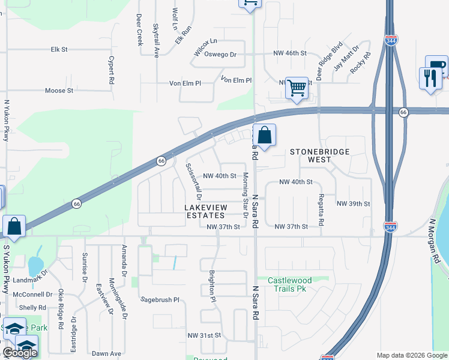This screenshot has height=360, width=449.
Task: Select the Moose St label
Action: coord(59,91)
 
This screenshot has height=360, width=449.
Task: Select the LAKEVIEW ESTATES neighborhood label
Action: coord(204,211)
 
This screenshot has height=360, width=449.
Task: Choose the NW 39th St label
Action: coord(353,203)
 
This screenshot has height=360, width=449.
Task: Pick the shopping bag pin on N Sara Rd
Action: coord(264,135)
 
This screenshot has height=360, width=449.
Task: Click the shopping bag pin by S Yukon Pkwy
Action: coord(14,226)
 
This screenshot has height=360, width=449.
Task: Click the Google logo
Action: coord(20,353)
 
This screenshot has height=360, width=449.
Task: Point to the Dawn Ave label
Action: coord(107,353)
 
